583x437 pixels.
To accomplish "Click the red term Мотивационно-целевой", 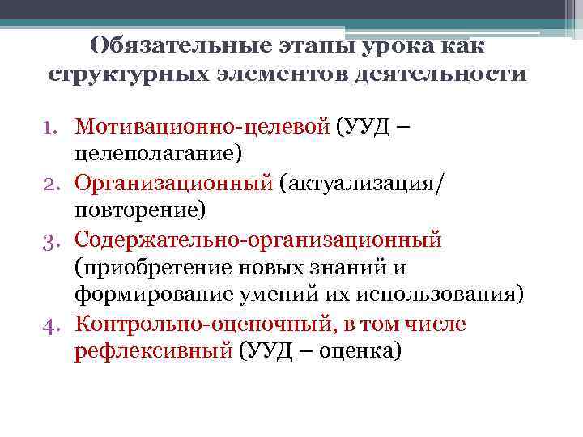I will pos(202,127).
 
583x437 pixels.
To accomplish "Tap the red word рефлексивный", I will pos(154,352).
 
